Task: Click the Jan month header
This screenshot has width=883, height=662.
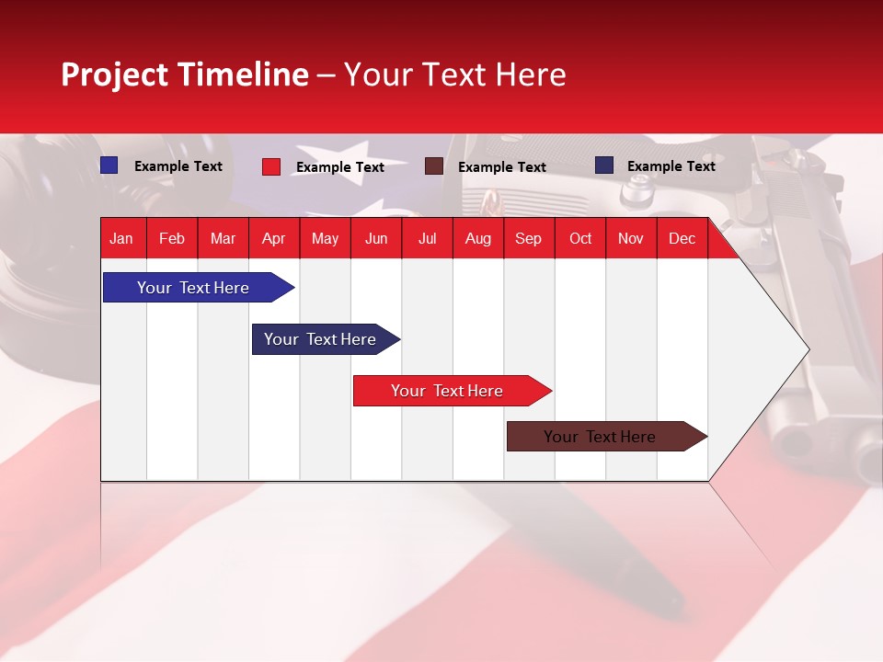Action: [x=122, y=238]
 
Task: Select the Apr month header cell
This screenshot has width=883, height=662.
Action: [x=274, y=238]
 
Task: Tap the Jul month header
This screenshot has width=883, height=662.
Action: [x=428, y=238]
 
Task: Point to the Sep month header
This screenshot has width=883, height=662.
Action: [x=529, y=238]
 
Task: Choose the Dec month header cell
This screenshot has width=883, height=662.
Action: [x=682, y=238]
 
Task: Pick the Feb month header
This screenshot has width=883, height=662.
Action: [x=172, y=238]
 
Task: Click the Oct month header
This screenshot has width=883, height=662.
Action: [x=580, y=238]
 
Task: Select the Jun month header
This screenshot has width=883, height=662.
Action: [x=376, y=238]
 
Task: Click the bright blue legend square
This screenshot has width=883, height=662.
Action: [x=109, y=165]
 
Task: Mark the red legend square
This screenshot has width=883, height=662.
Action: [x=271, y=166]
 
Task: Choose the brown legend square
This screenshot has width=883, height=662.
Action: [x=434, y=166]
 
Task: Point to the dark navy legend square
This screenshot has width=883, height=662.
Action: [x=604, y=165]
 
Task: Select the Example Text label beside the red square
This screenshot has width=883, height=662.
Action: [x=340, y=167]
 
